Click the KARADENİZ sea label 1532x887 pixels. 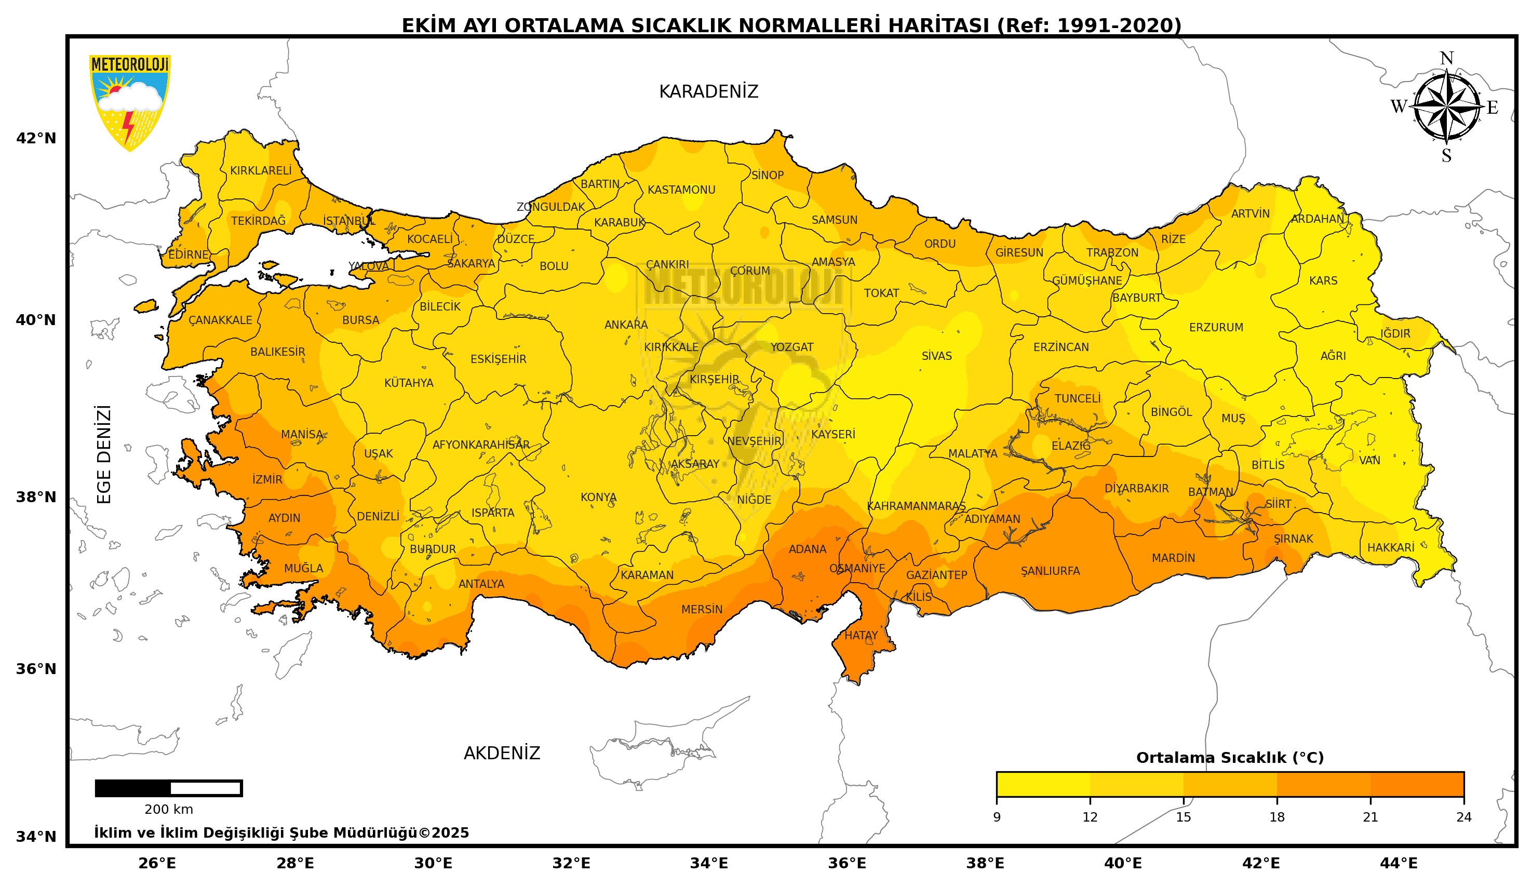[708, 92]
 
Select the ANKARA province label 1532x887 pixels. [626, 325]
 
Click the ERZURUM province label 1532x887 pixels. [1216, 328]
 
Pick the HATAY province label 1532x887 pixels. [861, 635]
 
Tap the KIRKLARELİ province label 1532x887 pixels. [260, 171]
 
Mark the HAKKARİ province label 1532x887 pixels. [1390, 548]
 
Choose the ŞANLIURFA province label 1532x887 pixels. [1050, 571]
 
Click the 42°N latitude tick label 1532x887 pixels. [36, 139]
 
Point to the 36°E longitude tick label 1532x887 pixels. [847, 863]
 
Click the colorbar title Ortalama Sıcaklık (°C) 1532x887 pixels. [1229, 758]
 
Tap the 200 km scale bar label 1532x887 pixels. [168, 810]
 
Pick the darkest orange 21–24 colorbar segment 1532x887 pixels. [1417, 784]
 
